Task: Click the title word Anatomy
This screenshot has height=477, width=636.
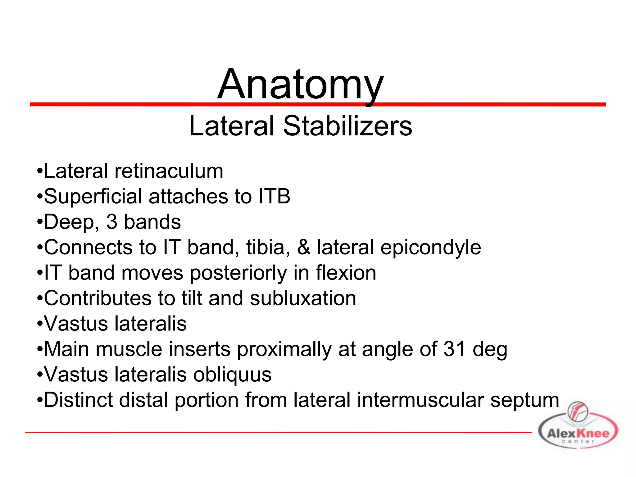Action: coord(300,84)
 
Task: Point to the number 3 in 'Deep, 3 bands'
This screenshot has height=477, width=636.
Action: coord(112,222)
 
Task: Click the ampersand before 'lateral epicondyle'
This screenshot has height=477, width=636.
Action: coord(303,248)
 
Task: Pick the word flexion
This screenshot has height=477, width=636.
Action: coord(346,273)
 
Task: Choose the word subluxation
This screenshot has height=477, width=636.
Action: coord(303,298)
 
